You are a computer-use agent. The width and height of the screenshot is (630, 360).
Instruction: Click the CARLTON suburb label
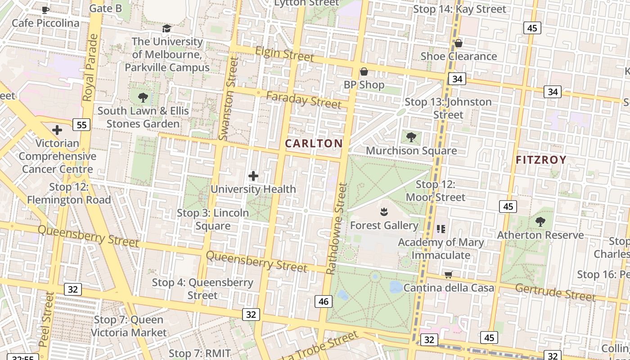314,144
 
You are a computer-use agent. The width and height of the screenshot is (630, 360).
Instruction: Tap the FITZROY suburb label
540,160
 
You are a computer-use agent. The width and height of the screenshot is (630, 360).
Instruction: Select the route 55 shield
81,125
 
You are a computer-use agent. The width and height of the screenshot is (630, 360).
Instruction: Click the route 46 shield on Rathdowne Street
324,301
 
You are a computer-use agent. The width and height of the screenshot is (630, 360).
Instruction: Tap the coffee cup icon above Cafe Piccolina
45,10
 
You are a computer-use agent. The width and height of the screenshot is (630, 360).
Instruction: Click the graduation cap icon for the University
167,29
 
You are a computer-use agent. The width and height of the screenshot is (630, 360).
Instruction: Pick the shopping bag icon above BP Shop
364,72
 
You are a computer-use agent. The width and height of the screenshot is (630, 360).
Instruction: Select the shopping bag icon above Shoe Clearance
458,43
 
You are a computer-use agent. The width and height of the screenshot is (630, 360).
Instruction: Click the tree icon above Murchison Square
411,137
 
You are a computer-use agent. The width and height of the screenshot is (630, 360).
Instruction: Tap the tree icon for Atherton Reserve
540,221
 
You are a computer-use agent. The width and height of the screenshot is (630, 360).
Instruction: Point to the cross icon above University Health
253,176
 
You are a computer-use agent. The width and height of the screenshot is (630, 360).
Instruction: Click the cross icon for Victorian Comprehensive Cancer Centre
57,130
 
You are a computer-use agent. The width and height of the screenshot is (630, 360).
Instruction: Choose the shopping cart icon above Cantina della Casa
448,274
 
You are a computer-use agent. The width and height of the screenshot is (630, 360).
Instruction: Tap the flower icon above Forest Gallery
384,211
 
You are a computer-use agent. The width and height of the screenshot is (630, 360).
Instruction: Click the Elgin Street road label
284,54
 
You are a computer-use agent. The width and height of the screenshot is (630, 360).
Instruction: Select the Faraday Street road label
303,100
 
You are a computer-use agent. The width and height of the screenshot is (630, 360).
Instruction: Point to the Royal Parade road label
90,67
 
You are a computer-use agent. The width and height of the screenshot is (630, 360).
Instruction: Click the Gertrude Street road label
555,292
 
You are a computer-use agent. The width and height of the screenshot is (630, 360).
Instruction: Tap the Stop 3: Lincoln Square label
213,219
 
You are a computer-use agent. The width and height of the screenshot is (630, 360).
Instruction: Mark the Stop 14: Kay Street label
459,9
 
